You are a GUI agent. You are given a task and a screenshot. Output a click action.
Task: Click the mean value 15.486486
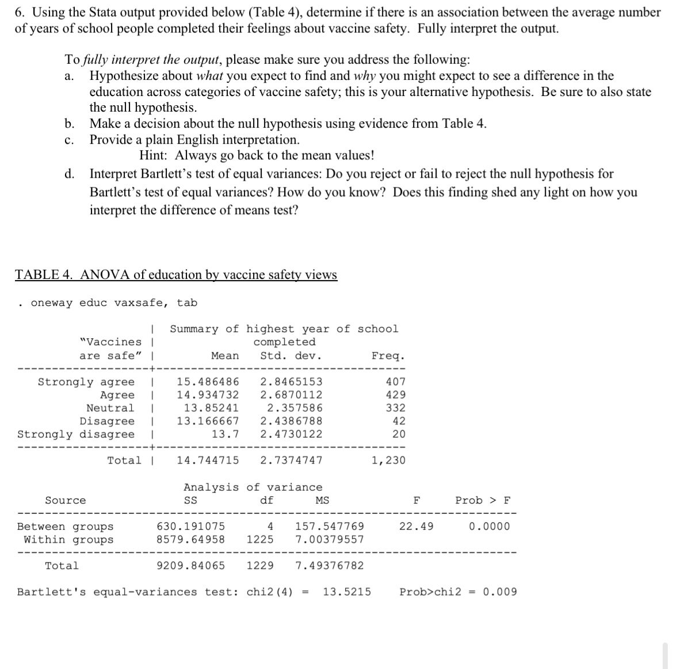click(x=208, y=381)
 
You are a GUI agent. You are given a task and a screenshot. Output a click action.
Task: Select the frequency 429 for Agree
click(x=395, y=395)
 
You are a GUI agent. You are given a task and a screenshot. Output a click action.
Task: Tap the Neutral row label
click(x=110, y=408)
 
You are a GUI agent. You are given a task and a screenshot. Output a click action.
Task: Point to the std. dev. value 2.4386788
click(x=291, y=421)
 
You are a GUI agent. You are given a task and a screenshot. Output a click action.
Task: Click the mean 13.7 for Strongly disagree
click(x=225, y=434)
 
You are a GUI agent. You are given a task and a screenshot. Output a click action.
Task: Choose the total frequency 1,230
click(x=388, y=460)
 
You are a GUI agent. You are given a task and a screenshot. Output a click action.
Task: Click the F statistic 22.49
click(x=416, y=526)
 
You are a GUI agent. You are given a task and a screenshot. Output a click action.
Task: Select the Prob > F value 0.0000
click(x=489, y=526)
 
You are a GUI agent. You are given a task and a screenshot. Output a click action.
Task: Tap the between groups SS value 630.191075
click(x=191, y=526)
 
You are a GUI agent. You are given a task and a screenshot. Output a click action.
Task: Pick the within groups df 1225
click(x=260, y=540)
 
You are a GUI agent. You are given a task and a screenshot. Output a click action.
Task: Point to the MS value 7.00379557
click(x=330, y=540)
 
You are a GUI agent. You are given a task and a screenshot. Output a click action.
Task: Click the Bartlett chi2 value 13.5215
click(x=347, y=592)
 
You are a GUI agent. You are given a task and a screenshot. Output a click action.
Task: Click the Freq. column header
click(x=388, y=355)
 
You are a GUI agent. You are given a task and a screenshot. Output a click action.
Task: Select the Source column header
click(x=65, y=500)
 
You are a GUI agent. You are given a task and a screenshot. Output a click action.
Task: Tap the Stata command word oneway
click(x=52, y=303)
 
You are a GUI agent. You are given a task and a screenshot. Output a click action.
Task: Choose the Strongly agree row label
click(x=86, y=381)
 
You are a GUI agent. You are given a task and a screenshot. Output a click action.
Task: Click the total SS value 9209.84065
click(x=191, y=565)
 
